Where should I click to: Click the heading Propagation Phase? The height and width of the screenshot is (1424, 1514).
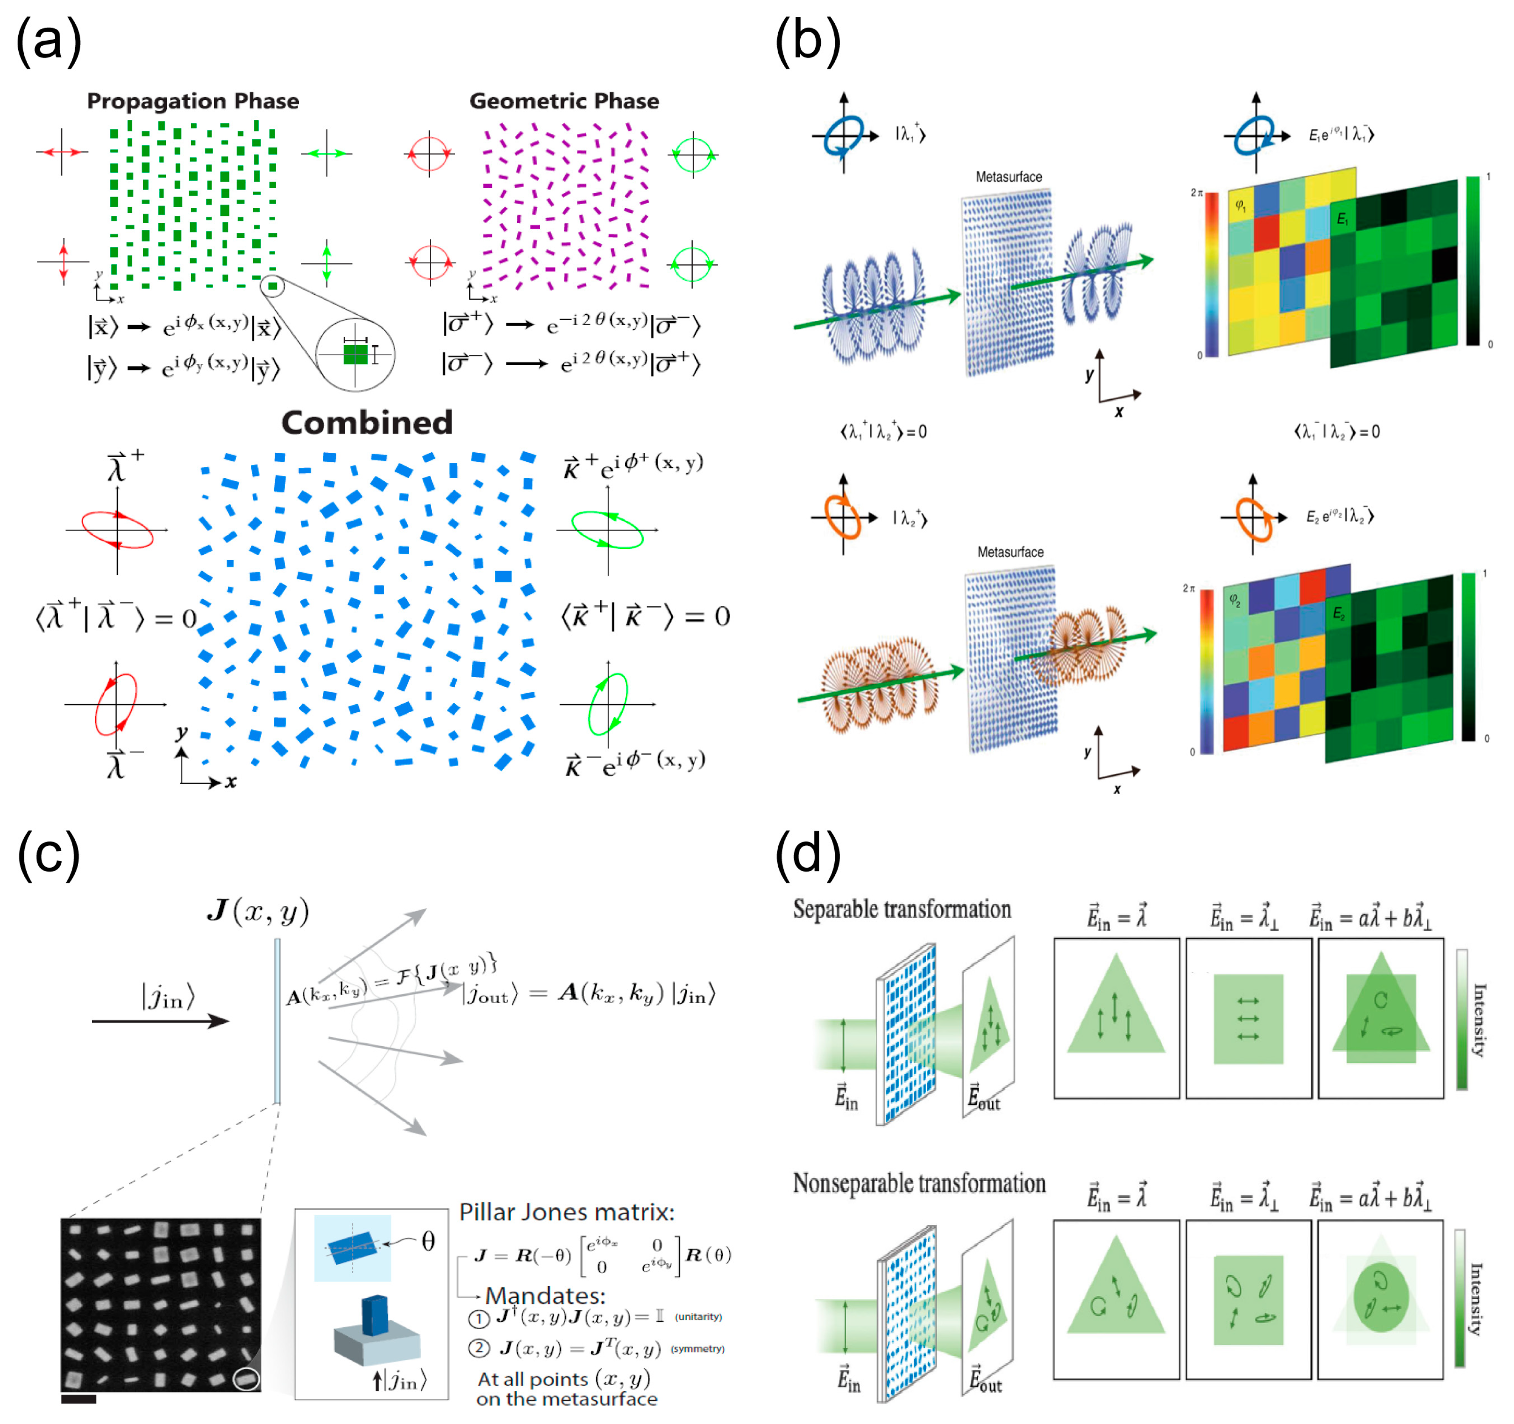(192, 101)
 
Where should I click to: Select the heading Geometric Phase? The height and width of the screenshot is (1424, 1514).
(563, 101)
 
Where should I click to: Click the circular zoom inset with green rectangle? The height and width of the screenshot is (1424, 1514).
(355, 355)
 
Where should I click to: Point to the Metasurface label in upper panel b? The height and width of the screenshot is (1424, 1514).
(1008, 177)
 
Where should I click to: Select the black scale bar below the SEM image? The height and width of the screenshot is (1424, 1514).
(78, 1399)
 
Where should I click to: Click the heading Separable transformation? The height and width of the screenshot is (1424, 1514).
(902, 909)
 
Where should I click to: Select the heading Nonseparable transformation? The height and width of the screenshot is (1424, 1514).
(918, 1183)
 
